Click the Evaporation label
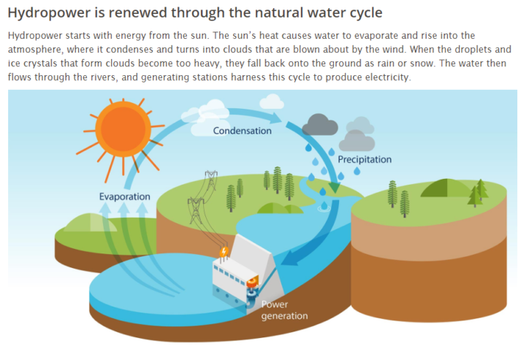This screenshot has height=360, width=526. coord(124,196)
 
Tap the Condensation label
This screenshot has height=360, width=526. coord(243,131)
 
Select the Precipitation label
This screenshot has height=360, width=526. coord(365,159)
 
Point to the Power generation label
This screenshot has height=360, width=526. coord(284,310)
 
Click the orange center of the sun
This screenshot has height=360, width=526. coord(123,129)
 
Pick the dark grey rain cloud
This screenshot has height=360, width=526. coord(320,125)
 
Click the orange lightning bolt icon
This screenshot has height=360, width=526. coord(224,251)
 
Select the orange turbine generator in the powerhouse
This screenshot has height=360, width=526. coord(254,281)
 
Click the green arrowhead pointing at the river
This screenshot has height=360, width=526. coord(335,188)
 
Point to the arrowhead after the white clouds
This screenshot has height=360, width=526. coord(276,118)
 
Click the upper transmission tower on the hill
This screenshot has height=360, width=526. coord(211,180)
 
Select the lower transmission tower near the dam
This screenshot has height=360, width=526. coord(196,210)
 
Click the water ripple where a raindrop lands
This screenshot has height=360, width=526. coord(324,209)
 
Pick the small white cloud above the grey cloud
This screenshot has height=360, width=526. coord(272,102)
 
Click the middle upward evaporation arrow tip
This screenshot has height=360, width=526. coord(123,207)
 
